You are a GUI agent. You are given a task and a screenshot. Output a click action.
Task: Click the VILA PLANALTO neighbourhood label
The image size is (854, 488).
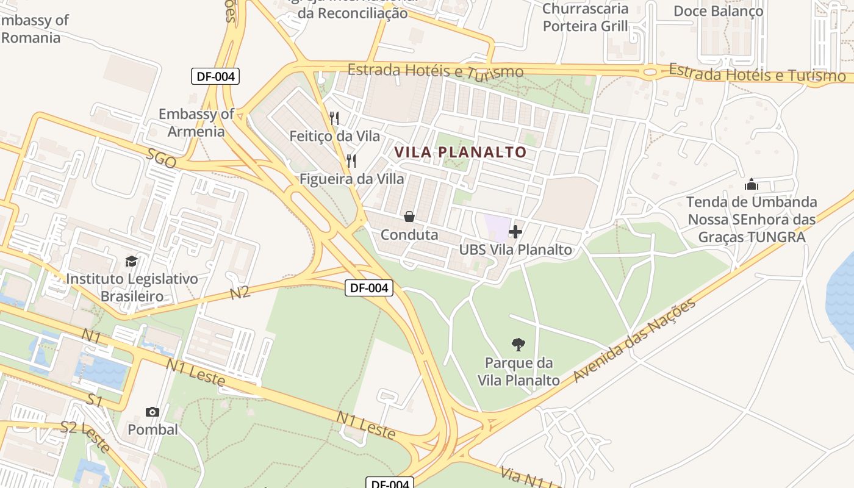point(461,152)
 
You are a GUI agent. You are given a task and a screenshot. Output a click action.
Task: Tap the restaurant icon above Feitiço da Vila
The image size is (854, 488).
point(334,118)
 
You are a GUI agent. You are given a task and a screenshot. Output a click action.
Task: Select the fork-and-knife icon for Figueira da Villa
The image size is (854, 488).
point(351,161)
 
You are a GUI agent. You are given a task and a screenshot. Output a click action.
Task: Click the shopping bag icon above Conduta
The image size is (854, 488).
point(409,217)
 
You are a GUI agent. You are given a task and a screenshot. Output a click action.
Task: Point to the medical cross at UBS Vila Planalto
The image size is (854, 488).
point(515,232)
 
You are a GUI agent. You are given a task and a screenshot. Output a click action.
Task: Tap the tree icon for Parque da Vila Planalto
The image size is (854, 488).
point(518,345)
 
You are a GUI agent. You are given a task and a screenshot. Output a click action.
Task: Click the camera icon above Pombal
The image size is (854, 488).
point(152,412)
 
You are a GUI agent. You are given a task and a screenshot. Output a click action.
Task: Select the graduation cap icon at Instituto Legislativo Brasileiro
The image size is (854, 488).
point(131,261)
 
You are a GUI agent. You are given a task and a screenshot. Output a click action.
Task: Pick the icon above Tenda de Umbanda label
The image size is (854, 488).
point(751,184)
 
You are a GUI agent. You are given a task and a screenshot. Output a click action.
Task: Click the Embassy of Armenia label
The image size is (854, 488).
point(196,123)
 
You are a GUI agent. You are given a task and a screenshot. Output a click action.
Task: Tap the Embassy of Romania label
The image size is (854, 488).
point(34,29)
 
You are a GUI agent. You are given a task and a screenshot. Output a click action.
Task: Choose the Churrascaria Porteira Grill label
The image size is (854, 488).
point(585,17)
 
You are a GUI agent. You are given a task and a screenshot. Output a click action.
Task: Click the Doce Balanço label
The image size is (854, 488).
point(718,11)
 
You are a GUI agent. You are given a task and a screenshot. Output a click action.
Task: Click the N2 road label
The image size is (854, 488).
point(240,292)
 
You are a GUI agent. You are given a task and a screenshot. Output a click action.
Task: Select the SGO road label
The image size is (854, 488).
point(161,159)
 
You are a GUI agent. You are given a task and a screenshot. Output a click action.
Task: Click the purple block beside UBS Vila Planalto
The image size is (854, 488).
point(497,227)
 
